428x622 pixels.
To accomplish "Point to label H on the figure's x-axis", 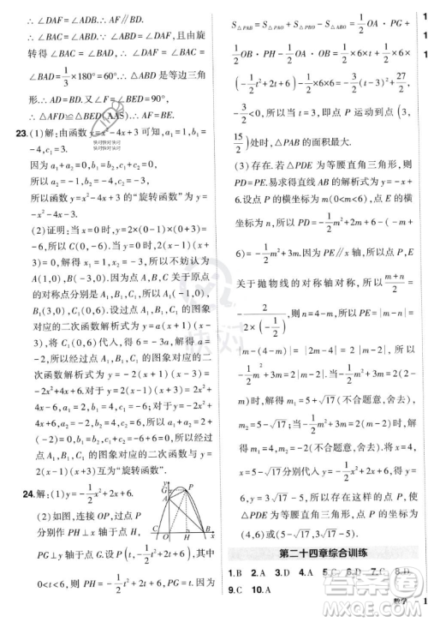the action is click(x=187, y=537).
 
